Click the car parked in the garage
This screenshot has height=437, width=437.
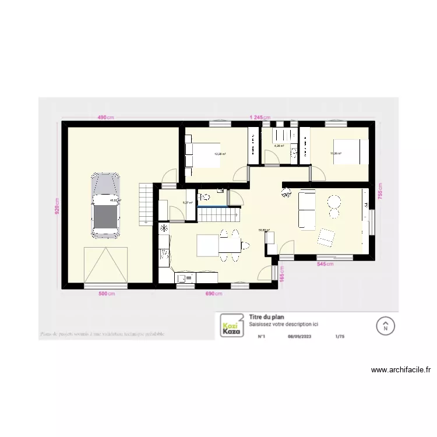[x=105, y=204]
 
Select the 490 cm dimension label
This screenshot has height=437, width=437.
[x=105, y=118]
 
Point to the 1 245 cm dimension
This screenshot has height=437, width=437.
[x=260, y=118]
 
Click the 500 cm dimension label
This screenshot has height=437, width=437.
[x=107, y=294]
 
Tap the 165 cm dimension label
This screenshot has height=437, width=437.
[x=281, y=274]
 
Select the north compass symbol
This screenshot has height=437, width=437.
[x=385, y=326]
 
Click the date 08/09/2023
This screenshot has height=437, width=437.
[x=298, y=336]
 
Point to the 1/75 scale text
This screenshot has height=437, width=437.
[x=340, y=336]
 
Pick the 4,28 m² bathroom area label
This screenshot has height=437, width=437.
[x=279, y=146]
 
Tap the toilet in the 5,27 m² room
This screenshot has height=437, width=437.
[x=204, y=196]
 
